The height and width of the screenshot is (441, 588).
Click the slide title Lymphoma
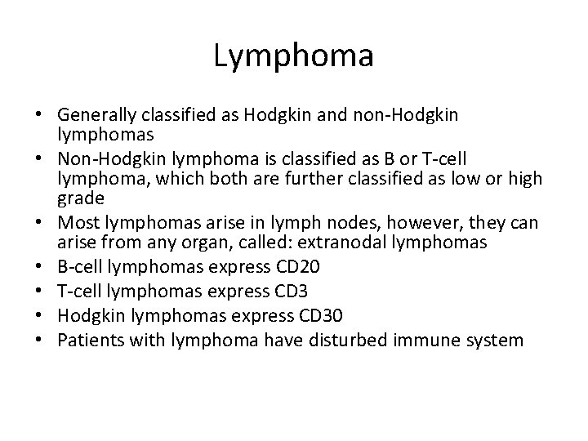pyautogui.click(x=293, y=56)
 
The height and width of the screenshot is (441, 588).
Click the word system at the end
pyautogui.click(x=497, y=340)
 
